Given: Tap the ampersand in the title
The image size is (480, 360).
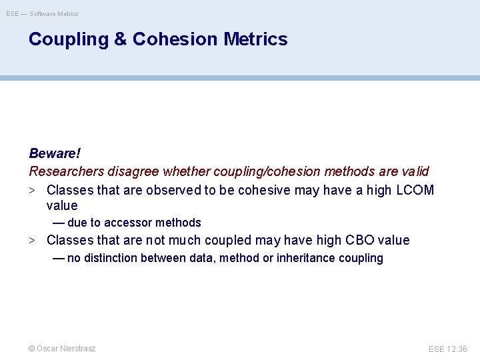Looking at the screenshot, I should click(x=120, y=39).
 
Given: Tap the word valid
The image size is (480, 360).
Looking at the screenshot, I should click(x=415, y=172).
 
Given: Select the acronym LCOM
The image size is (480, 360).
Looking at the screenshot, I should click(x=415, y=190).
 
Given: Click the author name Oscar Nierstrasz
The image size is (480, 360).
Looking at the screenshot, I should click(x=66, y=349).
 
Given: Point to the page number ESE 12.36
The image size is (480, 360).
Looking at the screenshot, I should click(x=448, y=349).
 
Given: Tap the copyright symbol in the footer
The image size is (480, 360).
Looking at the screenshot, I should click(x=31, y=349).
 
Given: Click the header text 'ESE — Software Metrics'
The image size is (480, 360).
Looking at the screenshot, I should click(x=42, y=13).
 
